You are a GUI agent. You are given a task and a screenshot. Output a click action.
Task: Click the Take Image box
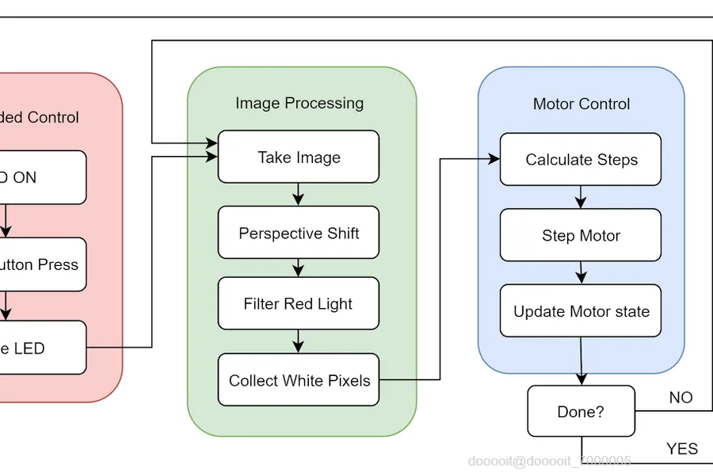point(299,157)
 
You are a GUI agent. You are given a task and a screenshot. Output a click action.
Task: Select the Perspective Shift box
point(299,233)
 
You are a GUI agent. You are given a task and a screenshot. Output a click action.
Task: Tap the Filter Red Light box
point(299,303)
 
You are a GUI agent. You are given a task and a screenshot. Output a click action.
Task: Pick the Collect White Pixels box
point(299,380)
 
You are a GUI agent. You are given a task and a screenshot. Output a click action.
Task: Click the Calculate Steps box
point(581,159)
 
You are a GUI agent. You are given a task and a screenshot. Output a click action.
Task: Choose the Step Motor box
point(581,235)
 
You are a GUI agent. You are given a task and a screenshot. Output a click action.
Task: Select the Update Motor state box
point(581,311)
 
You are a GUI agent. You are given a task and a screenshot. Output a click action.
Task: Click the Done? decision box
point(581,412)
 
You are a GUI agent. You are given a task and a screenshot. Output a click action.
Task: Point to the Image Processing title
point(299,103)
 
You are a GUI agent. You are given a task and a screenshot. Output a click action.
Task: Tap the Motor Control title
point(581,104)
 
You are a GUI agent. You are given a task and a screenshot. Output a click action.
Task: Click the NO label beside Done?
point(681,397)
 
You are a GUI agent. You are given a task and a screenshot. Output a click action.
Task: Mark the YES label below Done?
point(682,449)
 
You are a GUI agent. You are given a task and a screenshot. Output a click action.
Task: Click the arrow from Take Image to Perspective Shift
point(298,195)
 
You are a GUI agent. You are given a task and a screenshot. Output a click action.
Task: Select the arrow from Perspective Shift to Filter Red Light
point(298,267)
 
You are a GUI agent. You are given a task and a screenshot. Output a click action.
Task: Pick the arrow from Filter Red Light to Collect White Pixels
point(298,342)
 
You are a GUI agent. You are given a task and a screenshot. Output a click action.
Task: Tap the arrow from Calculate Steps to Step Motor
point(581,197)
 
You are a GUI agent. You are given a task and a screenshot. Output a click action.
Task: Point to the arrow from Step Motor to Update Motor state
point(581,272)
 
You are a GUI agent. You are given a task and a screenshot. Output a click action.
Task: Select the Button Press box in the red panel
point(40,264)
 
